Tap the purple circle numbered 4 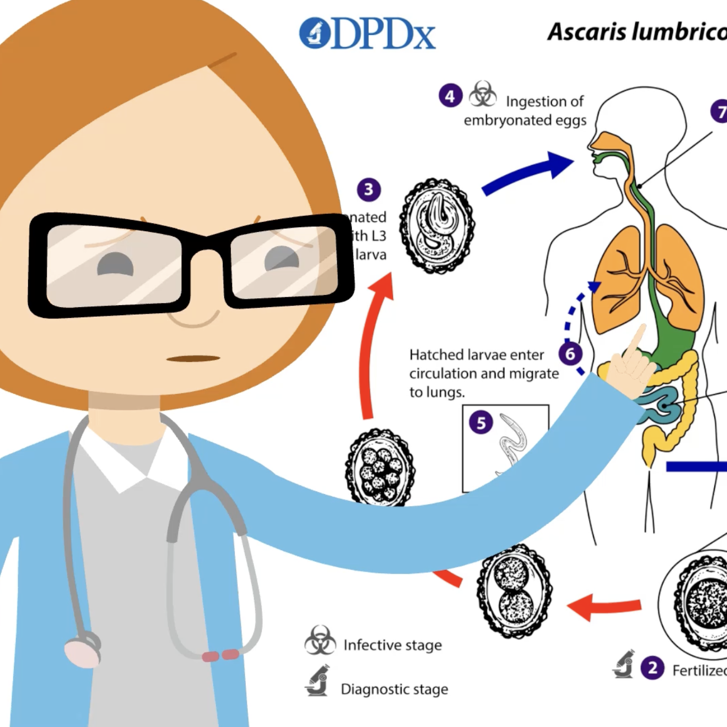coord(450,96)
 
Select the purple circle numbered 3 coord(369,189)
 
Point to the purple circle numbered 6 coord(570,354)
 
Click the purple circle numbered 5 coord(481,423)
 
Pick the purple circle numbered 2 coord(653,668)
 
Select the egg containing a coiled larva coord(437,226)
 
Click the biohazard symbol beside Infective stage coord(320,641)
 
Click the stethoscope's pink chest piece coord(82,651)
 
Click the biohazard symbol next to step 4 coord(483,94)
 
